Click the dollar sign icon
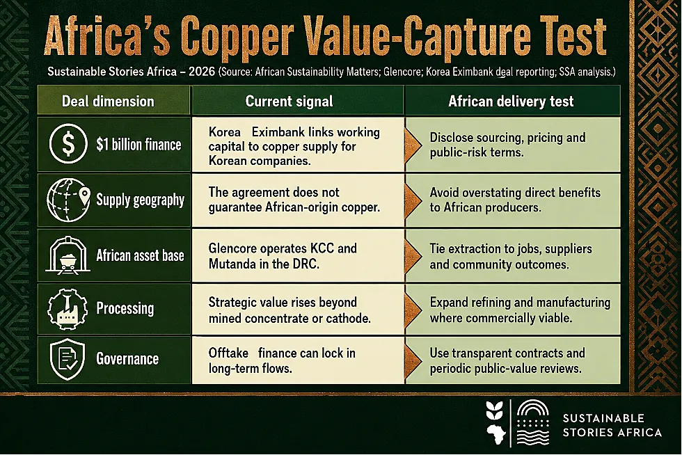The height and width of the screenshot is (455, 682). (x=68, y=143)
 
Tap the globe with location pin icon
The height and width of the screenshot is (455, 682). (x=68, y=200)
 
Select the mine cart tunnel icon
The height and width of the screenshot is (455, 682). (x=68, y=255)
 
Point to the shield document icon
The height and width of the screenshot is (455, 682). (x=68, y=359)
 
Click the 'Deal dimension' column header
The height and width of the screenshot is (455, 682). (x=108, y=102)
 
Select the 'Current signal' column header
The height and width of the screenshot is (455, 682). (x=290, y=102)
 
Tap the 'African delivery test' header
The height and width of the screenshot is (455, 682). (x=511, y=102)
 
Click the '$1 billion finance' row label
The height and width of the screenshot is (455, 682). (x=138, y=145)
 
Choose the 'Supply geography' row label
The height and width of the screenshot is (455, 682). (x=140, y=200)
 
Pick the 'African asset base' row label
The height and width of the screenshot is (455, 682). (x=140, y=255)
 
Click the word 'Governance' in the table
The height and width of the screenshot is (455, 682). (x=127, y=359)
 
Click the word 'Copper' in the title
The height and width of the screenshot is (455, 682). (x=236, y=37)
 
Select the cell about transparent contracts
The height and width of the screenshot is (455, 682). (x=507, y=360)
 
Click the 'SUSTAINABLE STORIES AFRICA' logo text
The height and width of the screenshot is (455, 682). (x=612, y=425)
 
